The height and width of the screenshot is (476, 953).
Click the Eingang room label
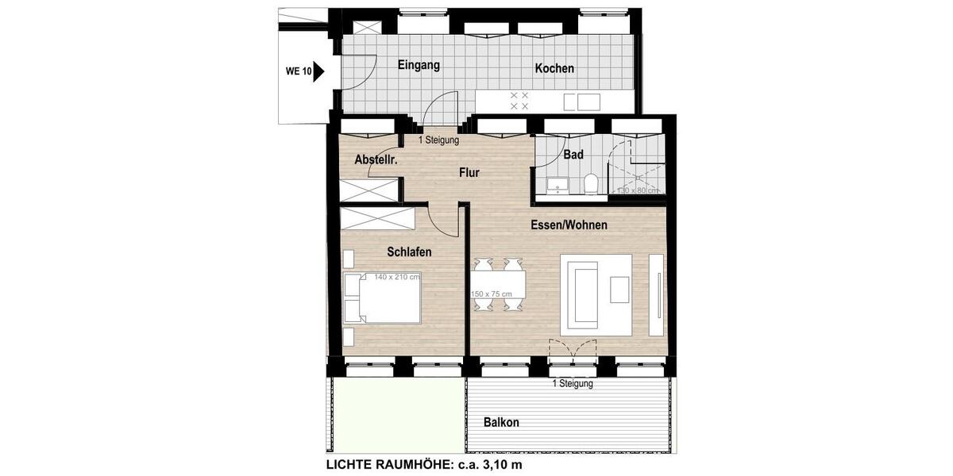coord(419,66)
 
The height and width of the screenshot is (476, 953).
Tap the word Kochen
coord(554,69)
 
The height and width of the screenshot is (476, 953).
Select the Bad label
coord(573,155)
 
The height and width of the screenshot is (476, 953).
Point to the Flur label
coord(469,172)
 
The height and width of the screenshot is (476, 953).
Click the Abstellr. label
coord(376,160)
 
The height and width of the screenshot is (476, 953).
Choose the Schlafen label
coord(409,252)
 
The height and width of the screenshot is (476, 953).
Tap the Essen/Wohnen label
coord(569,225)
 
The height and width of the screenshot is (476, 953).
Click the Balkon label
coord(501,423)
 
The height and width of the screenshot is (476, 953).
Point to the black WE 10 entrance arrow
coord(319,71)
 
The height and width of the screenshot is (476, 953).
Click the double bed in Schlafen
coord(383,297)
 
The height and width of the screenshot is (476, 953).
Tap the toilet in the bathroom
coord(589,185)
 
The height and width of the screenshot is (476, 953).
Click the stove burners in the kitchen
coord(519,100)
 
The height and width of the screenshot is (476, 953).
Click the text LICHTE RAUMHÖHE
coord(384,464)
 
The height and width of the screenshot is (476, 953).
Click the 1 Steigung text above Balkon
coord(573,384)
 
